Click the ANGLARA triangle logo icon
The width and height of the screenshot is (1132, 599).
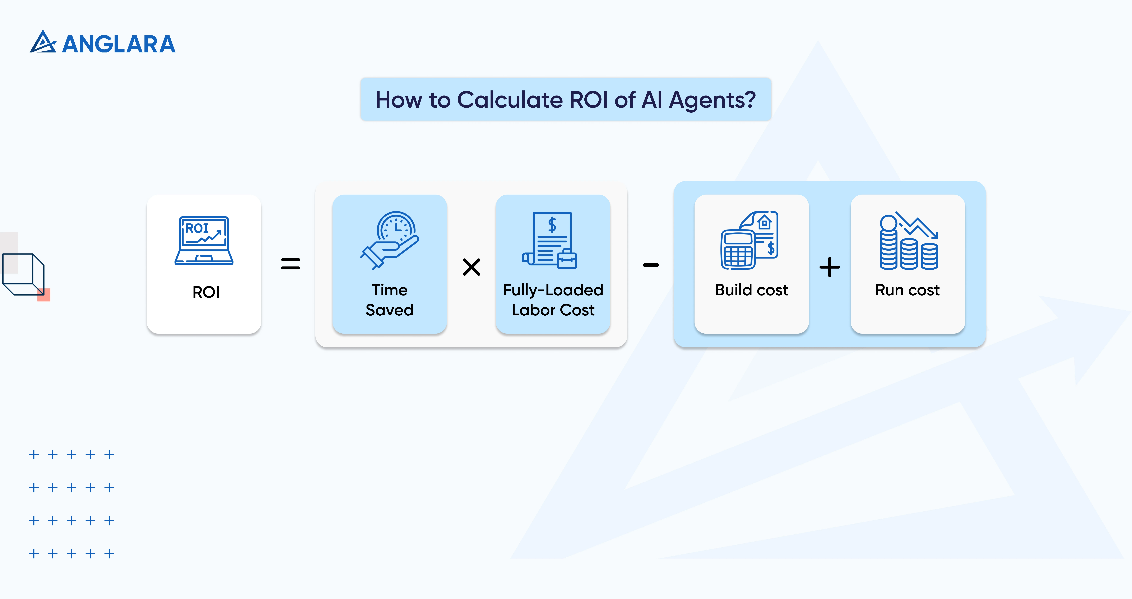pyautogui.click(x=43, y=43)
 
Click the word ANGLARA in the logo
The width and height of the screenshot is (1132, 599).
pyautogui.click(x=119, y=44)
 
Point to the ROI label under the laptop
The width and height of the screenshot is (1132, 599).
pyautogui.click(x=206, y=292)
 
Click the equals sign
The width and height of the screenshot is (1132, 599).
pyautogui.click(x=291, y=264)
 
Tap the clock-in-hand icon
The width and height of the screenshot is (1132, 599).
pyautogui.click(x=390, y=240)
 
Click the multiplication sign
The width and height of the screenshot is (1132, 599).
pyautogui.click(x=472, y=267)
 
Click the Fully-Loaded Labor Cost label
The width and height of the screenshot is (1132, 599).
pyautogui.click(x=553, y=300)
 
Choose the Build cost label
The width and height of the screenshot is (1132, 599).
pyautogui.click(x=751, y=290)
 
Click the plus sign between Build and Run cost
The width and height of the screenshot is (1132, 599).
pyautogui.click(x=830, y=267)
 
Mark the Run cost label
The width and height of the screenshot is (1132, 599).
pyautogui.click(x=908, y=290)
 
